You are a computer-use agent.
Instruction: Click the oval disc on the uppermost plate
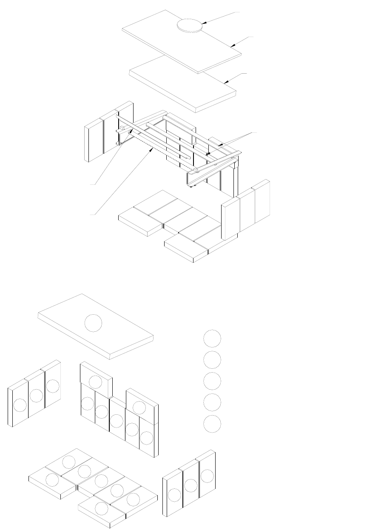[x=189, y=25]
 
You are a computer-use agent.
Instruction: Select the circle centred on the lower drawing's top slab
[x=94, y=323]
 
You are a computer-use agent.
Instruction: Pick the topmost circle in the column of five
[x=212, y=338]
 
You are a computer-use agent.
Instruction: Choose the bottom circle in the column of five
[x=212, y=424]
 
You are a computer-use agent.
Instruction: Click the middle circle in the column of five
[x=212, y=381]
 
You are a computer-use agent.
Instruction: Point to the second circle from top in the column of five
[x=212, y=359]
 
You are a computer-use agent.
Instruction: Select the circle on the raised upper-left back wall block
[x=96, y=382]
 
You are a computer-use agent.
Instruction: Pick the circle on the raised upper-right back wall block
[x=139, y=407]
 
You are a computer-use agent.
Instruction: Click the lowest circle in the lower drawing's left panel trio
[x=20, y=405]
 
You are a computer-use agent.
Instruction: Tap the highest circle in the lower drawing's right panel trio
[x=207, y=476]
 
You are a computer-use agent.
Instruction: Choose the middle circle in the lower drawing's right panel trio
[x=191, y=485]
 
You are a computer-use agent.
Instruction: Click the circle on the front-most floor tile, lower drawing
[x=101, y=508]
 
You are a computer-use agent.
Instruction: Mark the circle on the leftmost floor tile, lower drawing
[x=52, y=480]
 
